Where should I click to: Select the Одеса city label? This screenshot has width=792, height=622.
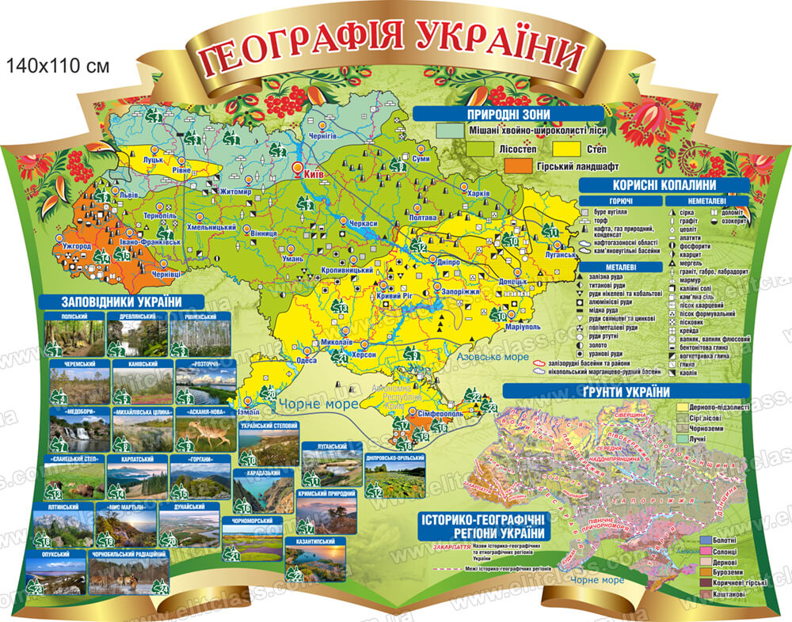coord(306,360)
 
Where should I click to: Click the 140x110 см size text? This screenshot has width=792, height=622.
coord(56,66)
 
